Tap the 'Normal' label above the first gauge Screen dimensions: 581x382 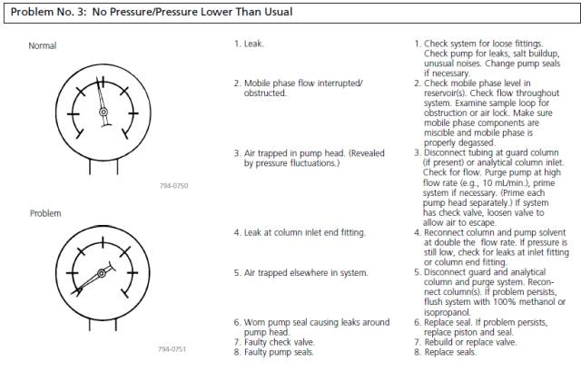coord(43,45)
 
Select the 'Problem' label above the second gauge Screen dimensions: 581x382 coord(44,213)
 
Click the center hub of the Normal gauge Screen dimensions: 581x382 coord(103,113)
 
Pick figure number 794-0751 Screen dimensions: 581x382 coord(172,349)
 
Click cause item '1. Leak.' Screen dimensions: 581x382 coord(250,43)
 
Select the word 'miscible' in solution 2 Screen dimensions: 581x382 coord(441,133)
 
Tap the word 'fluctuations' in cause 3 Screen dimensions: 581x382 coord(313,162)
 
